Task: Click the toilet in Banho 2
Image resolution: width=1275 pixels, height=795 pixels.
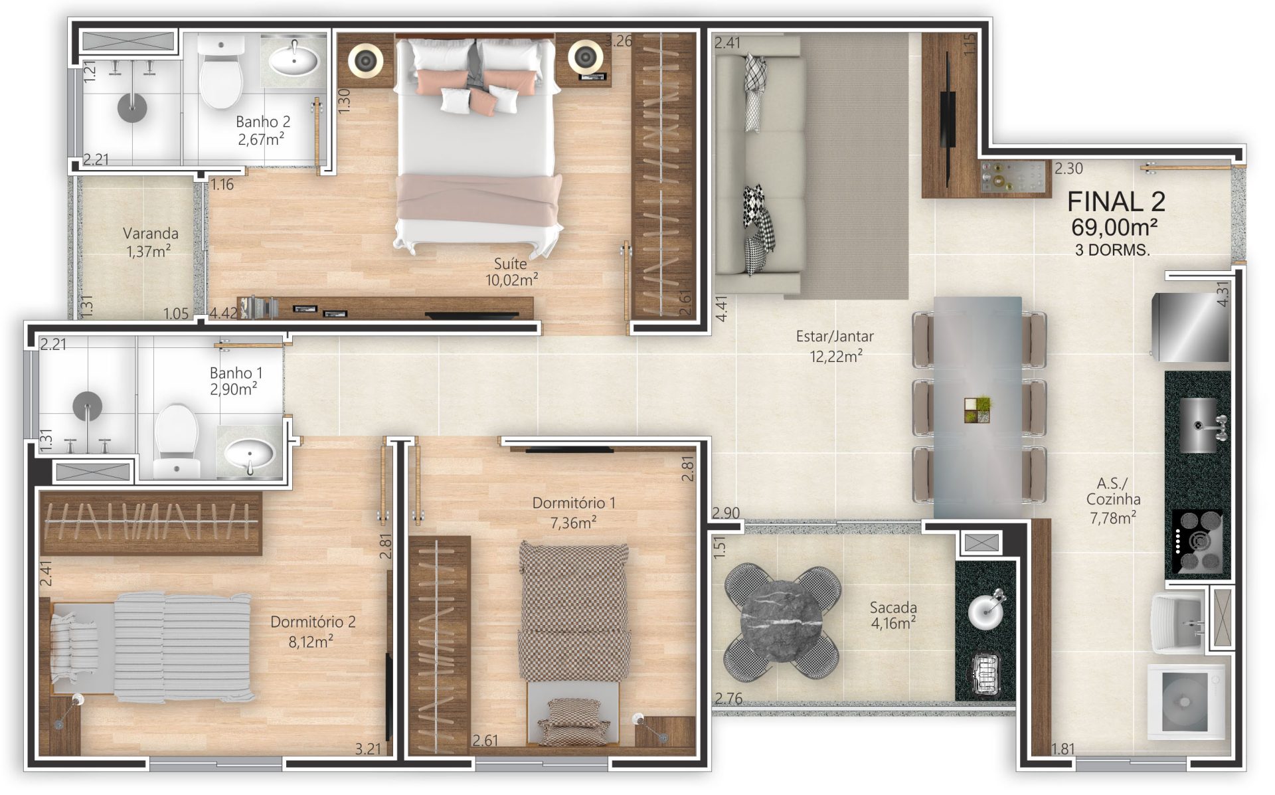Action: click(220, 72)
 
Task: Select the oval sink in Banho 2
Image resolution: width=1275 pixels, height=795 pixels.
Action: click(293, 61)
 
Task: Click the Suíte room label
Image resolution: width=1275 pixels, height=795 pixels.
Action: click(510, 264)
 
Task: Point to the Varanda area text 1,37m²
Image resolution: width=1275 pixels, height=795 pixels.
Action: click(149, 251)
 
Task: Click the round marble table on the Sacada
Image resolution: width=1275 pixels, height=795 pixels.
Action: click(782, 622)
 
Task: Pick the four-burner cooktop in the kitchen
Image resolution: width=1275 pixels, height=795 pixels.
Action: click(1198, 541)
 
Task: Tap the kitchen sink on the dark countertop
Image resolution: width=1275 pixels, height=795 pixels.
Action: click(1199, 425)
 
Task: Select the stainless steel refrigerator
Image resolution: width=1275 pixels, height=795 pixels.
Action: click(1191, 327)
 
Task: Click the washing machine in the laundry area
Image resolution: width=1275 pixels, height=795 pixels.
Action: click(1186, 703)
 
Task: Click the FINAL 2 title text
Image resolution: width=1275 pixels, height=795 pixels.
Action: click(1116, 201)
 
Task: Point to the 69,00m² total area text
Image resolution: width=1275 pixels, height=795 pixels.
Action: click(1114, 227)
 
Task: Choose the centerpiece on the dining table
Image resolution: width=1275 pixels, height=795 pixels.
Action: click(977, 410)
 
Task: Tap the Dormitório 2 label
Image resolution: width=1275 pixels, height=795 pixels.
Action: click(313, 622)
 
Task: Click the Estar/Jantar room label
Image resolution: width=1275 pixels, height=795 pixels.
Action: click(835, 336)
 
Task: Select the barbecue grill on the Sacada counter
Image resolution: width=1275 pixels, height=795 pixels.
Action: click(985, 673)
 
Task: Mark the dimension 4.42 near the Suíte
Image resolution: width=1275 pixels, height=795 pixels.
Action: click(223, 313)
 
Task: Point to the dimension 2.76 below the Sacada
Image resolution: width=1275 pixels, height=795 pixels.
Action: click(728, 698)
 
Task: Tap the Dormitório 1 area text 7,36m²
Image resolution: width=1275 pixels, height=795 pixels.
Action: click(573, 523)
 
